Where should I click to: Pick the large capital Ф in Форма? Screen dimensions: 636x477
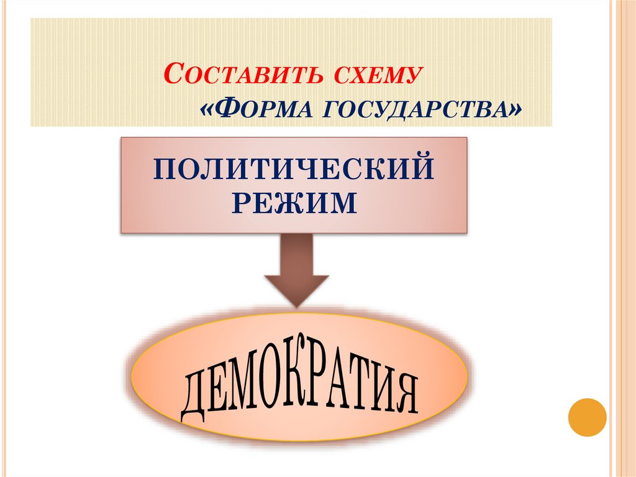tap(225, 109)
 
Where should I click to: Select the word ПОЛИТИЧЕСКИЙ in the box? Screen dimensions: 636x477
tap(293, 169)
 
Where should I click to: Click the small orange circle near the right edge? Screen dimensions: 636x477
tap(587, 416)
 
